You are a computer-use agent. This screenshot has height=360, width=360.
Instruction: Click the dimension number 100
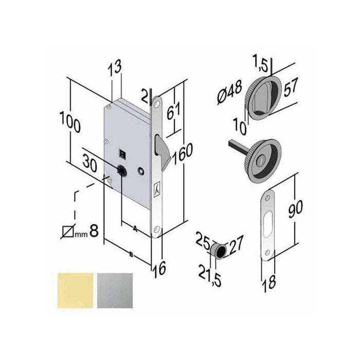coord(69,124)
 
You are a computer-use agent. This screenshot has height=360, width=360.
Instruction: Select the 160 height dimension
coord(182,153)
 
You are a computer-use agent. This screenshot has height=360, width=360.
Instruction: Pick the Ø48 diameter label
coord(229,93)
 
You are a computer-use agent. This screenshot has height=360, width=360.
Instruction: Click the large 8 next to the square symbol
coord(94,230)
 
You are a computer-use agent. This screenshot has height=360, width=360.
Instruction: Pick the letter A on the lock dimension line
coord(135,226)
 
